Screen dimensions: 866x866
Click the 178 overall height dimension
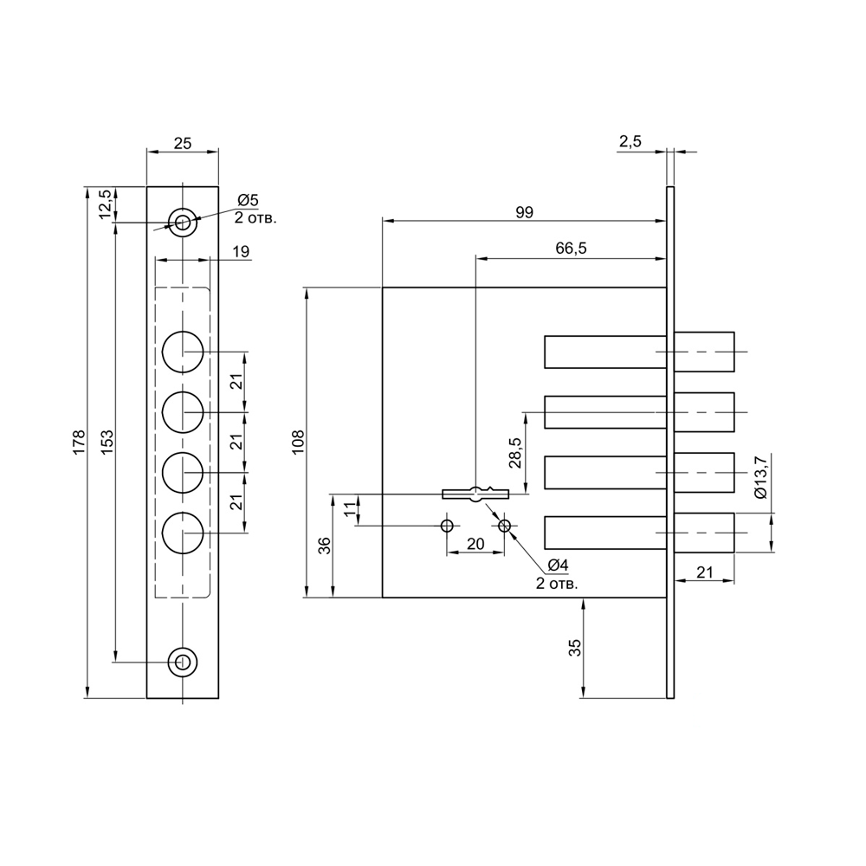click(x=80, y=442)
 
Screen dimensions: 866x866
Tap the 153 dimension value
click(x=107, y=442)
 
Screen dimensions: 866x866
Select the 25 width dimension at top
click(x=182, y=144)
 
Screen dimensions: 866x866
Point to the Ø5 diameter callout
click(x=248, y=201)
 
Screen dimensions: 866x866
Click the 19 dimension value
click(x=241, y=252)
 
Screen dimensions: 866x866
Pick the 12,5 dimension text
click(x=105, y=204)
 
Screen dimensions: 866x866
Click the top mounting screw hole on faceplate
click(x=182, y=223)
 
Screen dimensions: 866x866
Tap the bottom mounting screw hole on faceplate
click(x=182, y=662)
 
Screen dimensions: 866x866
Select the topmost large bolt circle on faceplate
click(x=183, y=352)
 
